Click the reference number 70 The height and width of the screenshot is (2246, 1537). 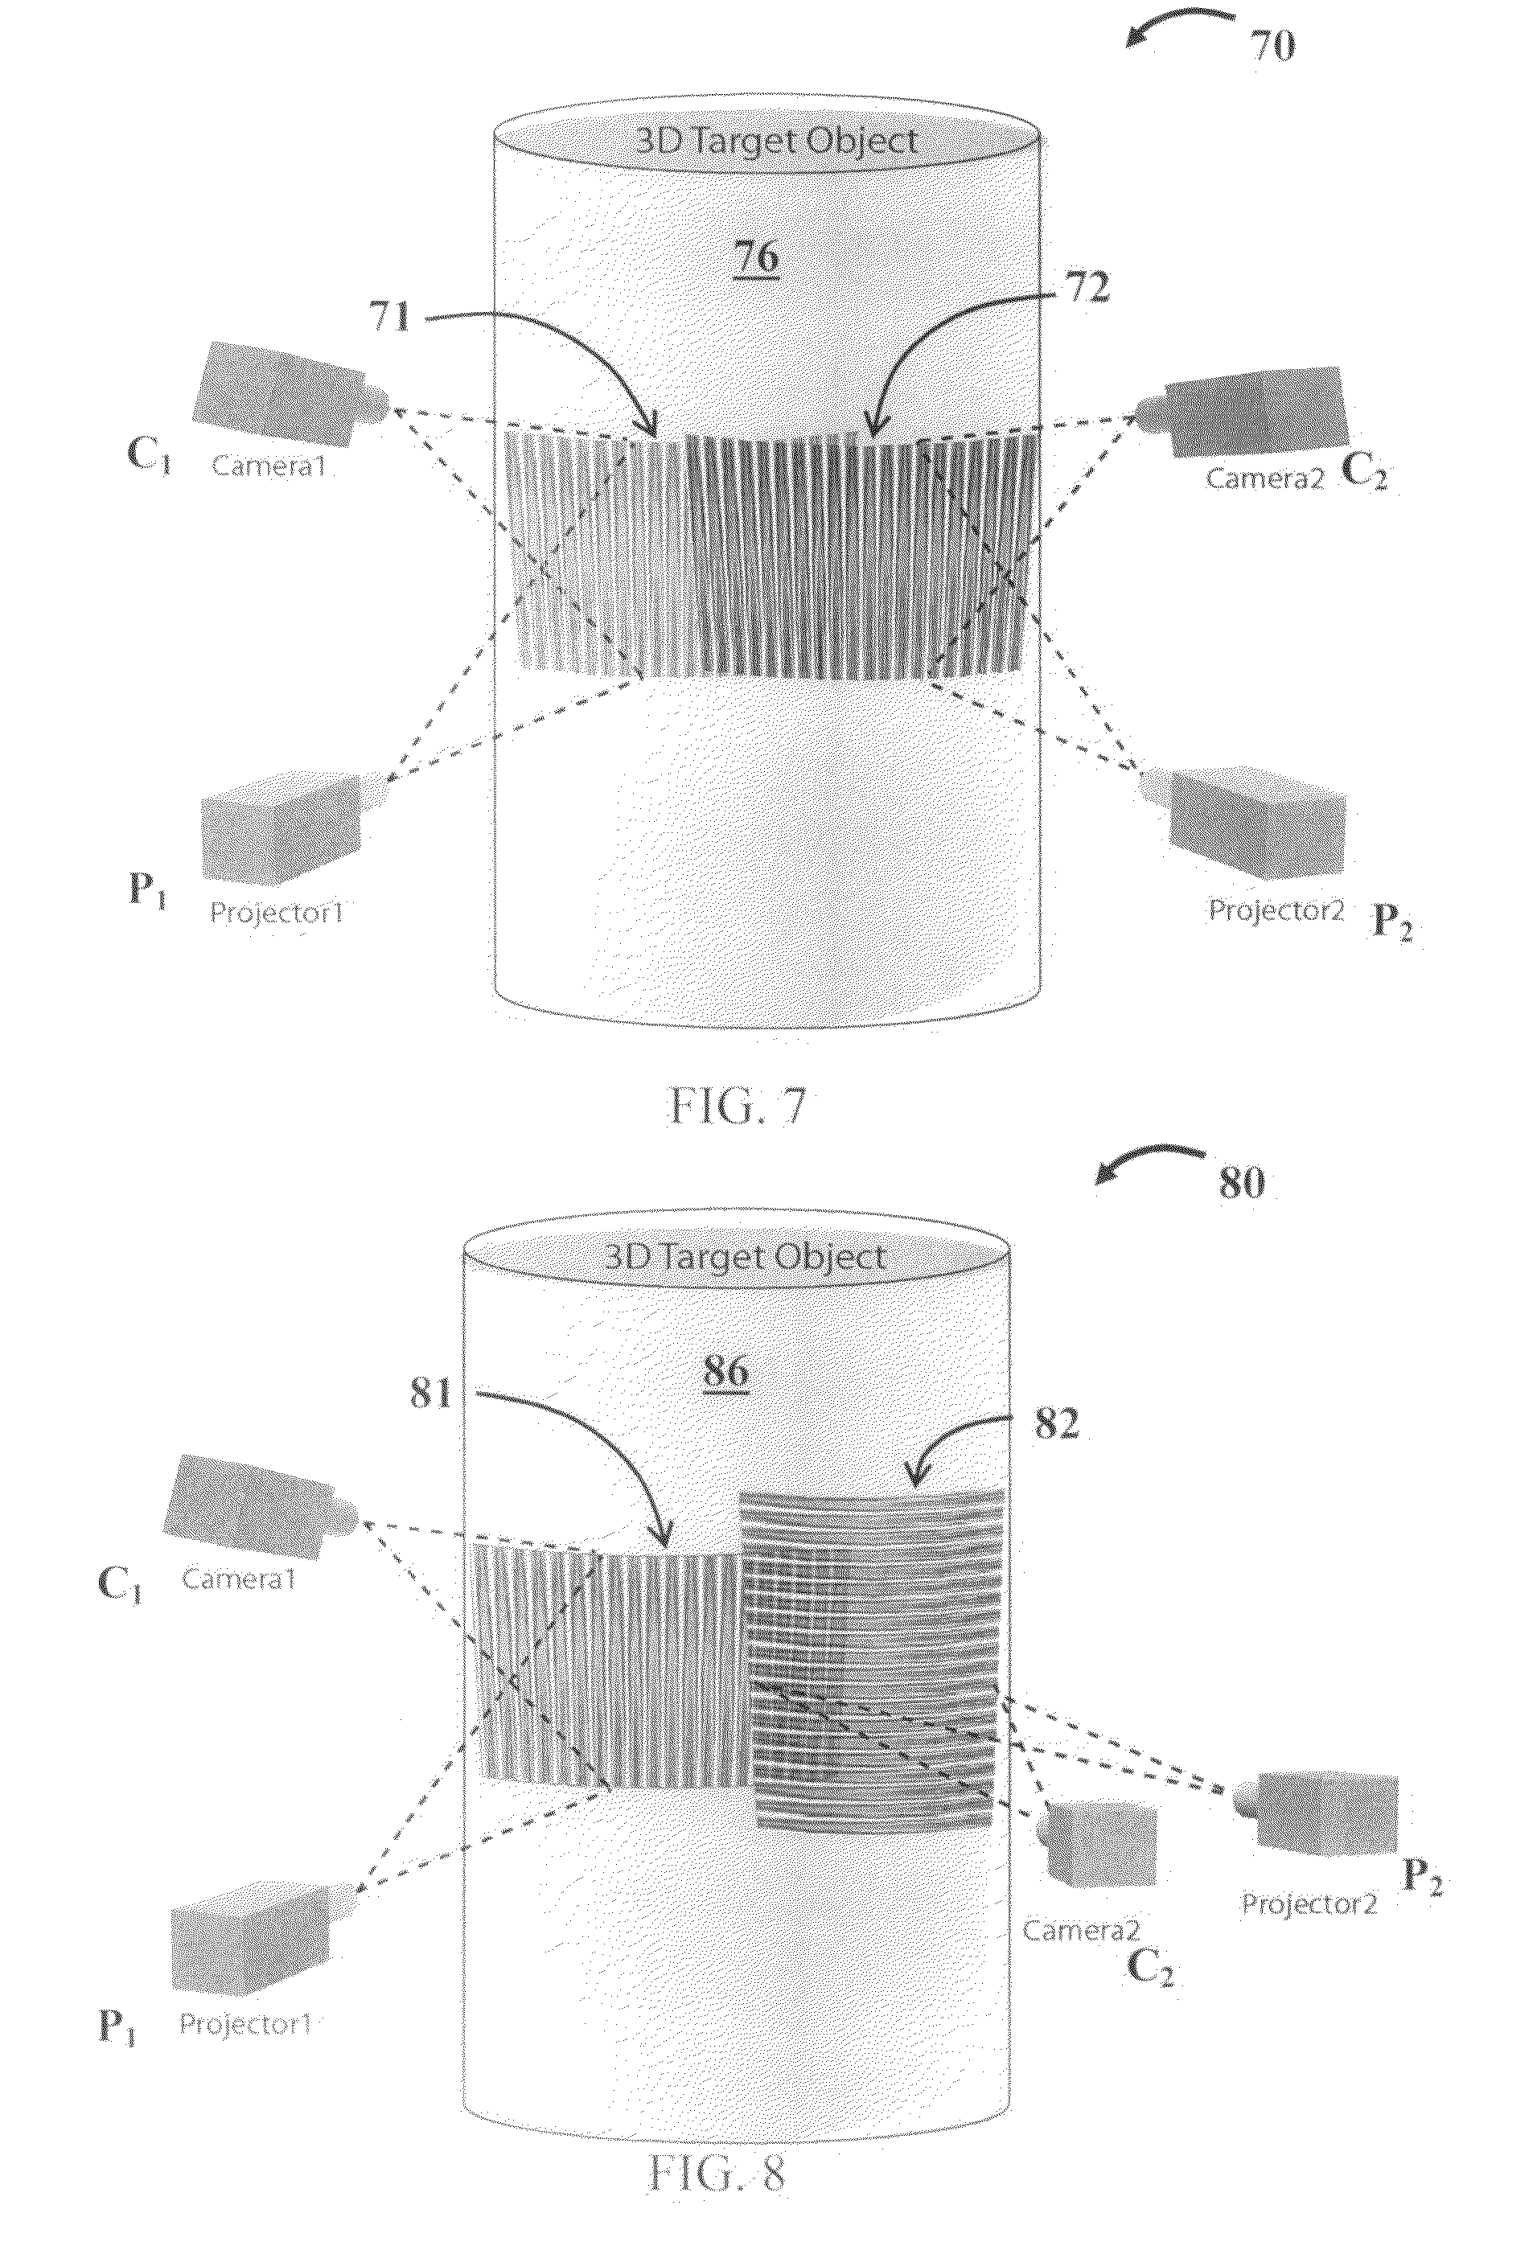[1272, 44]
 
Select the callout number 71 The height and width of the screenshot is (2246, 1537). [392, 317]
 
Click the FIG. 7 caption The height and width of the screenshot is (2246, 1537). [738, 1107]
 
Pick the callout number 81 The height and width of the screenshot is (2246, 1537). [431, 1393]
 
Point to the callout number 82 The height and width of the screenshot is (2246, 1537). [1057, 1423]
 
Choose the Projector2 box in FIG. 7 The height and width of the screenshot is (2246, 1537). [1244, 823]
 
